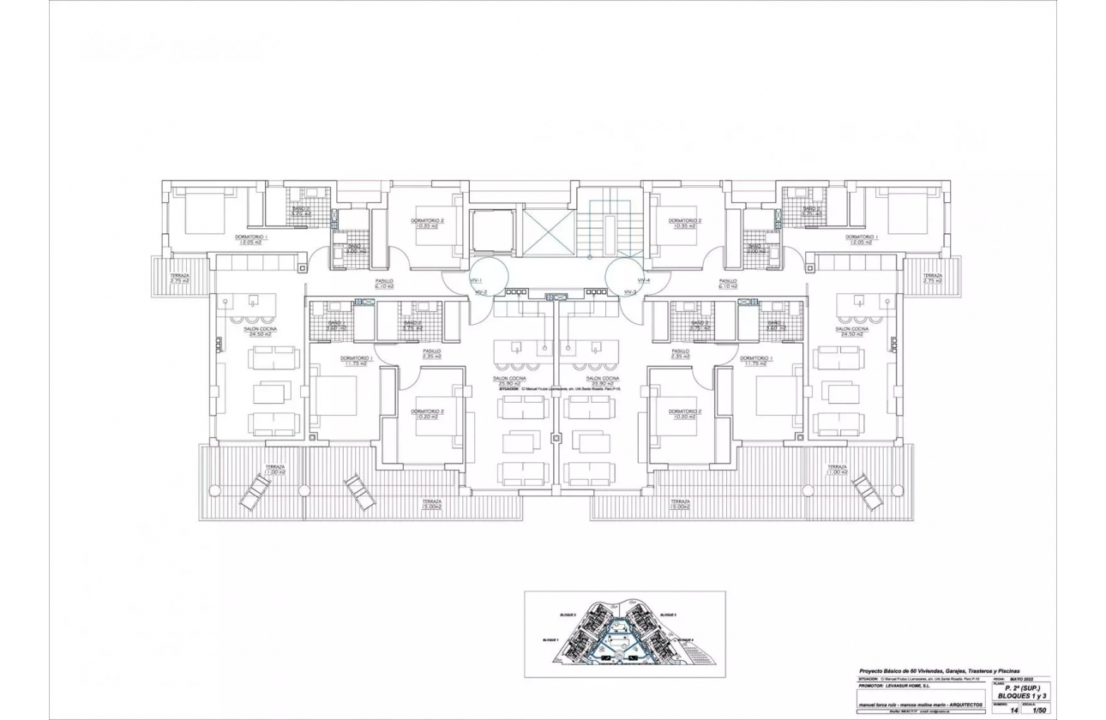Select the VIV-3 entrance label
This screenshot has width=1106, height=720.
[x=630, y=292]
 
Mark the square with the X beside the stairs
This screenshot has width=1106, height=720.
[x=549, y=231]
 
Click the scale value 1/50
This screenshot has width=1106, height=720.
[x=1039, y=710]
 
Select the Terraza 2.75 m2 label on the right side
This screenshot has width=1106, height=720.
[x=932, y=278]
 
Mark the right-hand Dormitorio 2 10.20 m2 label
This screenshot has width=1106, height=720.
[x=688, y=414]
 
